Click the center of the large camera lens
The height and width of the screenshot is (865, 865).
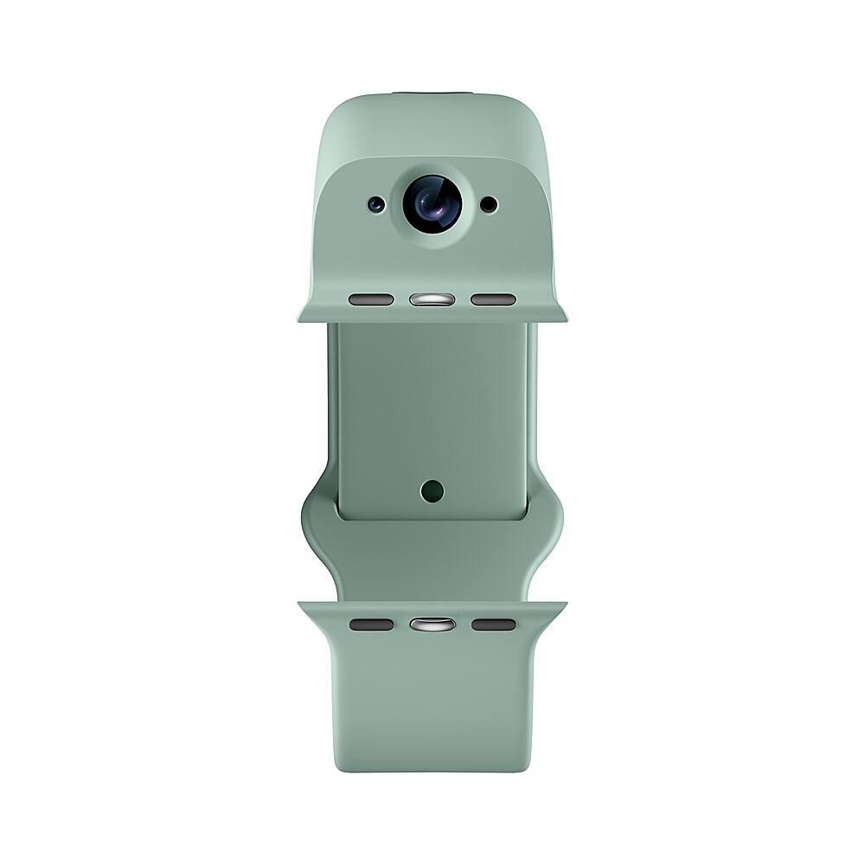[x=432, y=204]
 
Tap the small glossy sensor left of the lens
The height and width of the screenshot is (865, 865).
[x=375, y=205]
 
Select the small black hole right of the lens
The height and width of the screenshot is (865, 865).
[x=489, y=205]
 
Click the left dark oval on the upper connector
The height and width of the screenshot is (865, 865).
[x=371, y=300]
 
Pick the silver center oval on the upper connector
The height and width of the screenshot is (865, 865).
[x=432, y=300]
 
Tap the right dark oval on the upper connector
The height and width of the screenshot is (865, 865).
[x=493, y=300]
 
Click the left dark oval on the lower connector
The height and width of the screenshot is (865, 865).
[x=371, y=625]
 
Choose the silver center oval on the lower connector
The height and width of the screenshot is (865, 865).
[x=432, y=625]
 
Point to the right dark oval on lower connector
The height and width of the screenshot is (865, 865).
[x=493, y=625]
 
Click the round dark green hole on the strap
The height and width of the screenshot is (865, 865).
[x=432, y=491]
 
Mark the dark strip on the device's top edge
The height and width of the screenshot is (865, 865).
[x=432, y=93]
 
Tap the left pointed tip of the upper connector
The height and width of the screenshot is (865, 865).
[x=300, y=319]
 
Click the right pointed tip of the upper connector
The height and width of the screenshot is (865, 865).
[x=565, y=319]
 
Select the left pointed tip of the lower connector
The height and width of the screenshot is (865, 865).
[x=300, y=605]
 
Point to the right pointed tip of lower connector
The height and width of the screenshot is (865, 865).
[x=565, y=605]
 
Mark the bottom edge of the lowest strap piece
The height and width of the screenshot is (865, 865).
[x=432, y=770]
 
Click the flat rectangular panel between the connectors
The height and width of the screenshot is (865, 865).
[x=432, y=407]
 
